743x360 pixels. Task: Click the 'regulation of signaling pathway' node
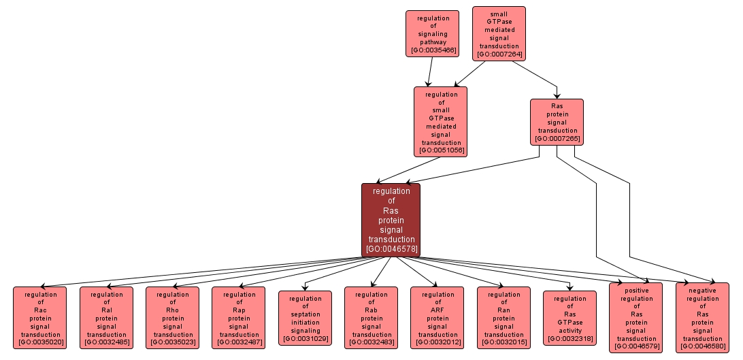[433, 33]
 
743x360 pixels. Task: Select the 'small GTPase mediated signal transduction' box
[499, 33]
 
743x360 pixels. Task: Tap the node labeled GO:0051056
[440, 122]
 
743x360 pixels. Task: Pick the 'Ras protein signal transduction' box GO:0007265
[557, 122]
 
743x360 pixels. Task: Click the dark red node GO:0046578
[391, 220]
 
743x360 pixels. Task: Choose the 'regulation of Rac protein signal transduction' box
[40, 318]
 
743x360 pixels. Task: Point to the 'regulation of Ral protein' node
[106, 318]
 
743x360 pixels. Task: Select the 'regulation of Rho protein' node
[173, 318]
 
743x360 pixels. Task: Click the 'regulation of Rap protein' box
[239, 318]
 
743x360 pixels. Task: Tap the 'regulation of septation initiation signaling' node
[305, 318]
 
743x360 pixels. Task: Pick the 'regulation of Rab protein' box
[371, 318]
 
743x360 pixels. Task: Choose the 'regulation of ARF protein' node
[437, 318]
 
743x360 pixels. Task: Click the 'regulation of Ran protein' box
[503, 318]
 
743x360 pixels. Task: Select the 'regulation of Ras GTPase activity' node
[569, 318]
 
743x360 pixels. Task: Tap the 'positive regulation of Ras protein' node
[635, 318]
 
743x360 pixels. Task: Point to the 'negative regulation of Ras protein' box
[702, 318]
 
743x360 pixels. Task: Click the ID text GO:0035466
[433, 50]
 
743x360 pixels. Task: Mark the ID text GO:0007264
[499, 54]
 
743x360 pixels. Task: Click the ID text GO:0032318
[569, 338]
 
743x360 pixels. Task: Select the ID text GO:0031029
[305, 338]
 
